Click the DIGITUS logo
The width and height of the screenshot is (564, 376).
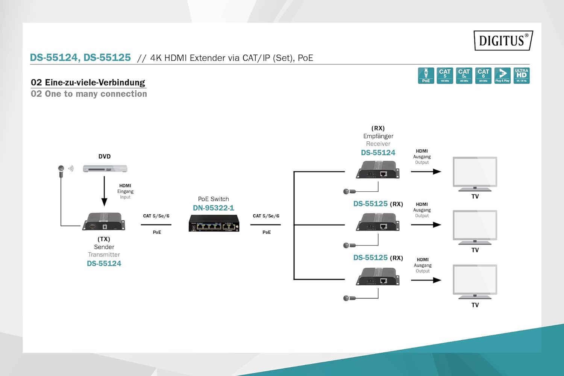pyautogui.click(x=503, y=40)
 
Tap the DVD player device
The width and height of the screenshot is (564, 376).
pyautogui.click(x=105, y=169)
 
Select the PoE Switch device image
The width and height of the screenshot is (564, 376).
pyautogui.click(x=214, y=223)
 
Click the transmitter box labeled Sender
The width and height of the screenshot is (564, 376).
pyautogui.click(x=104, y=221)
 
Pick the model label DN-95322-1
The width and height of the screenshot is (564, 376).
pyautogui.click(x=213, y=208)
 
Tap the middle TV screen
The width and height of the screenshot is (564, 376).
pyautogui.click(x=475, y=226)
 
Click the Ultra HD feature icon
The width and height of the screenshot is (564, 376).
pyautogui.click(x=522, y=76)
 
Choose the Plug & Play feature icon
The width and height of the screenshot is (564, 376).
pyautogui.click(x=502, y=76)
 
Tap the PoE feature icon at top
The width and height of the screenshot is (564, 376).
pyautogui.click(x=426, y=76)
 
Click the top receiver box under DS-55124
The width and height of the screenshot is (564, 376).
pyautogui.click(x=378, y=170)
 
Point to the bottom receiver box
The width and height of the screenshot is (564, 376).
pyautogui.click(x=378, y=277)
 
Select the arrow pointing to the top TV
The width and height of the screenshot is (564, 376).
pyautogui.click(x=426, y=172)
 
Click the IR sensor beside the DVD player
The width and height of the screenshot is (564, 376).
pyautogui.click(x=61, y=168)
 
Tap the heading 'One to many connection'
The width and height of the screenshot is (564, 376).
pyautogui.click(x=89, y=94)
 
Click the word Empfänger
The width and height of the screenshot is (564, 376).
pyautogui.click(x=378, y=136)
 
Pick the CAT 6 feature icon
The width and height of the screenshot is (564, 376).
pyautogui.click(x=483, y=76)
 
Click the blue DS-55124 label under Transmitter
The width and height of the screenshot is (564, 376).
pyautogui.click(x=104, y=264)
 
